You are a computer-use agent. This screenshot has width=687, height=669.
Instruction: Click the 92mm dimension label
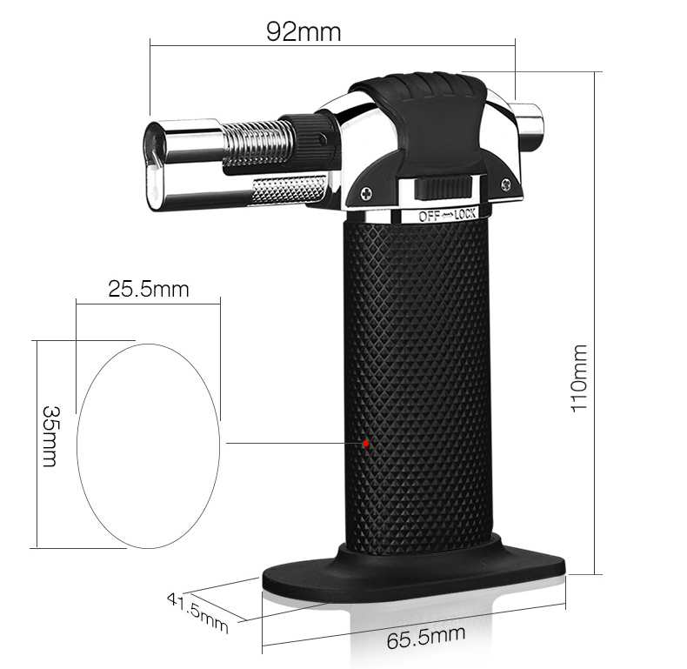tap(303, 32)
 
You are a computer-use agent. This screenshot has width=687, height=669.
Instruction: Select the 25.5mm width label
tap(149, 289)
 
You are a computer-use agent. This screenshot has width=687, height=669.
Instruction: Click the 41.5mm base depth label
tap(197, 612)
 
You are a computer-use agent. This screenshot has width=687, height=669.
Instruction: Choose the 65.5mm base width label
tap(426, 639)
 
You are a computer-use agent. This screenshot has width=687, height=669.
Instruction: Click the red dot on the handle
tap(366, 443)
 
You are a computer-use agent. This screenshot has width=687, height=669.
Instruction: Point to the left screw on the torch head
tap(367, 193)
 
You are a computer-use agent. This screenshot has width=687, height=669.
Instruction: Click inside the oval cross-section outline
tap(148, 444)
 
